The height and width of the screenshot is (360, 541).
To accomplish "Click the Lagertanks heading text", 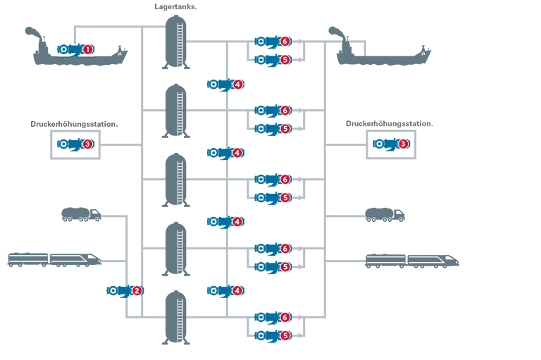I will [175, 6].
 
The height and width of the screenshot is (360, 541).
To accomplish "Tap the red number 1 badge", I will [88, 49].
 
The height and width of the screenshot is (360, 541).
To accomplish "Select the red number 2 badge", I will [137, 290].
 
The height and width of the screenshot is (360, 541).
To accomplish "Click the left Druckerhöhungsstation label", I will [74, 124].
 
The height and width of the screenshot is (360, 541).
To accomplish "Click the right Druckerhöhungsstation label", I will [390, 124].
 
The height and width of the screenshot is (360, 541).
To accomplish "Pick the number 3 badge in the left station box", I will [88, 144].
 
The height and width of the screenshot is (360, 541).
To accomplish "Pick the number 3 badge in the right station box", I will [404, 144].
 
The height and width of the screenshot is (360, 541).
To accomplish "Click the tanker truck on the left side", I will [81, 214].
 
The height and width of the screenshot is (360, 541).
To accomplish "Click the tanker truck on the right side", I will [385, 214].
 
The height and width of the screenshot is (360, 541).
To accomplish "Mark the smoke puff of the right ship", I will [336, 32].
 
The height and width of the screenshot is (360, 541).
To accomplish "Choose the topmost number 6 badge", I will [285, 42].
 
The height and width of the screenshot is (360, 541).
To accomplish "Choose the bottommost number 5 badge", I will [285, 336].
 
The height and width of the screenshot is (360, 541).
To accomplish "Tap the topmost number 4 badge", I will [238, 84].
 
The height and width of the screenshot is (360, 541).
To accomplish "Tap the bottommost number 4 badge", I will [238, 290].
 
